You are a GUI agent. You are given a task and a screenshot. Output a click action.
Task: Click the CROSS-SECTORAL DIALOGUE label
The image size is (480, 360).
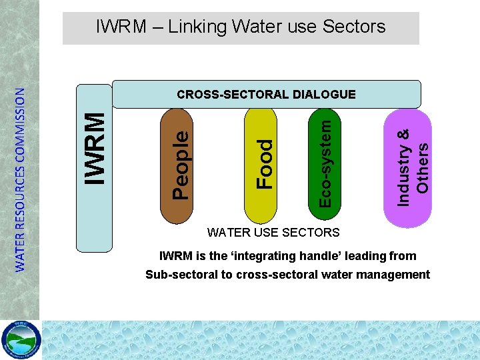tap(266, 95)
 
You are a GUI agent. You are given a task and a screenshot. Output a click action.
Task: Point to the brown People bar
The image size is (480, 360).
tap(179, 167)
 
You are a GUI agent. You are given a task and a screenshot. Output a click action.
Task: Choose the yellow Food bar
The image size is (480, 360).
tap(264, 167)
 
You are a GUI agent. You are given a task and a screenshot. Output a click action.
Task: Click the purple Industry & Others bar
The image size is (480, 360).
tap(407, 167)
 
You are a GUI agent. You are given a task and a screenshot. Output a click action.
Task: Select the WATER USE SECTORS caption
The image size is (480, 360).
tap(273, 233)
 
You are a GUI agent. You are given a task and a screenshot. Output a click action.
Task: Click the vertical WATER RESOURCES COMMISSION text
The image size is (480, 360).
tap(21, 180)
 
